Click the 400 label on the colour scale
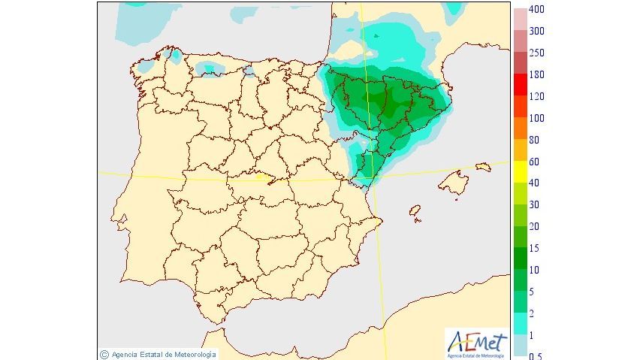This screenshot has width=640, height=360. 536,10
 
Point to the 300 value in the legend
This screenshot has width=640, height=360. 536,32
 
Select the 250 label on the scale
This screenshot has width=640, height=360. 536,53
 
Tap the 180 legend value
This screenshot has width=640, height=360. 536,75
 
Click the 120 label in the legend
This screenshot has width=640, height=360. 536,97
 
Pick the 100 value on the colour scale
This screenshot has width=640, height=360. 536,119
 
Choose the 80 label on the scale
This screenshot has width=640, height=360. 534,141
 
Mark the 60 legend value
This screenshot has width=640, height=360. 534,162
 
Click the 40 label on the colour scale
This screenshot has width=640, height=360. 534,183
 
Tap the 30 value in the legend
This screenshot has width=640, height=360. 534,205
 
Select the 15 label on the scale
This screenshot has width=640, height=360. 534,249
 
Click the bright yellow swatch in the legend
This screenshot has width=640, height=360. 520,173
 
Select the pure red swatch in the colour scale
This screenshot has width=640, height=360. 520,86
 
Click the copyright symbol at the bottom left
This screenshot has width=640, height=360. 104,354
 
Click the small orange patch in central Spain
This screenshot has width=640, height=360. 262,179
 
